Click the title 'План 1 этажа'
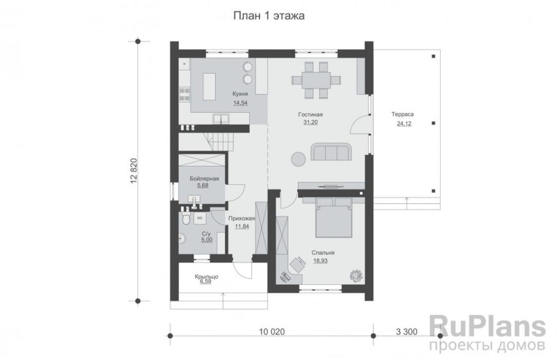tap(269, 16)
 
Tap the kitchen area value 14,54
tap(240, 103)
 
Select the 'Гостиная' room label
tap(310, 114)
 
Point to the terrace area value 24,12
tap(404, 124)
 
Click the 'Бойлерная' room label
tap(204, 179)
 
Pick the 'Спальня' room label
tap(323, 253)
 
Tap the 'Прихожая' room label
tap(242, 218)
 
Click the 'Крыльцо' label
tap(207, 277)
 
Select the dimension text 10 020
tap(272, 332)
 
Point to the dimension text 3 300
tap(407, 332)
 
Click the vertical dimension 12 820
tap(134, 171)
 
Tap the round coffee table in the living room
tap(298, 158)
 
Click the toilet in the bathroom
tap(185, 218)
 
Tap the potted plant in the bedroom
tap(355, 275)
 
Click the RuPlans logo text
tap(487, 326)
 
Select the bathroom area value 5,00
tap(207, 240)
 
